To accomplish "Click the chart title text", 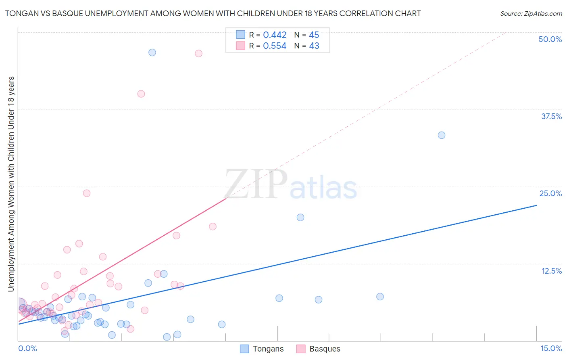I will tap(213, 13).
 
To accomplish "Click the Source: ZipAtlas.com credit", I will tap(531, 13).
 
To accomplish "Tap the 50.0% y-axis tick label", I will tap(550, 39).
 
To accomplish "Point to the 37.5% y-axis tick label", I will tap(551, 116).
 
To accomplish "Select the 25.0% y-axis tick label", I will tap(550, 193).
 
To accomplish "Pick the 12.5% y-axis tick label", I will tap(551, 271).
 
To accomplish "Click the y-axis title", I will tap(11, 184).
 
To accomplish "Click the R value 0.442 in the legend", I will tap(275, 35).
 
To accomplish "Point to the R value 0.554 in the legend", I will tap(275, 46).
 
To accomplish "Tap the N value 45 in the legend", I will tap(314, 35).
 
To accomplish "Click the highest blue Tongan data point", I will tap(152, 52).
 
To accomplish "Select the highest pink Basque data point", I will tap(198, 54).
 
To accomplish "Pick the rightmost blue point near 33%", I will tap(442, 135).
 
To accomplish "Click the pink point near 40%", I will tap(141, 94).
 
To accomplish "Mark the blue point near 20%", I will tap(300, 218).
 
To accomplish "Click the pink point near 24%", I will tap(87, 193).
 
